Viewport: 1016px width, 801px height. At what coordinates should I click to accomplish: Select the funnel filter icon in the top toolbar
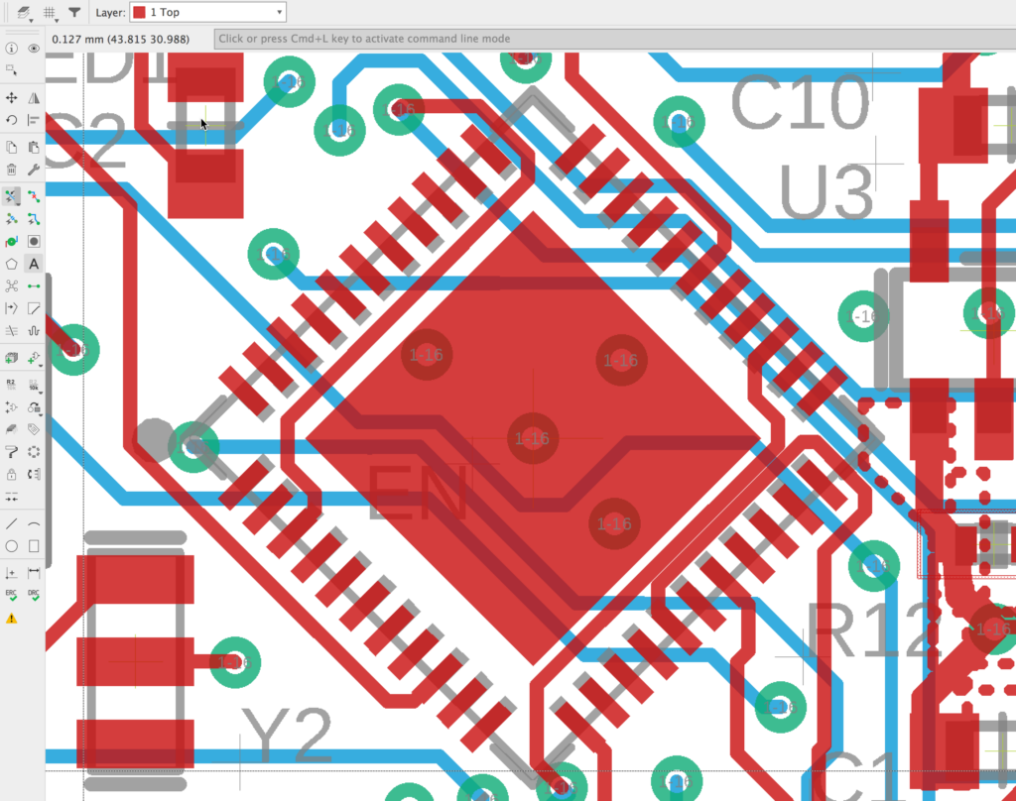click(74, 12)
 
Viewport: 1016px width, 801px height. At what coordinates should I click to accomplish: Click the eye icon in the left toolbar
click(34, 48)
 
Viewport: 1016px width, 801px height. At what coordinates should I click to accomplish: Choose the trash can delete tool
click(12, 170)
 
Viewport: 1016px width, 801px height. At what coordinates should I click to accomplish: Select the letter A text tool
click(34, 264)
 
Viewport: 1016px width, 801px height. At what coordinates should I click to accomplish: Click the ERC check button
click(12, 594)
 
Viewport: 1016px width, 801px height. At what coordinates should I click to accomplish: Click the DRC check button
click(34, 594)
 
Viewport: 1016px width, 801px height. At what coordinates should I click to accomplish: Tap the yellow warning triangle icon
click(12, 618)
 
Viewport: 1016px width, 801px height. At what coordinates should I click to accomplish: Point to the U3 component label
click(825, 191)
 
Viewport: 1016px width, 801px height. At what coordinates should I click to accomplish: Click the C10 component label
click(800, 103)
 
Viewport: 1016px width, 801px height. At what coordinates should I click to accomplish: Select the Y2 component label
click(287, 737)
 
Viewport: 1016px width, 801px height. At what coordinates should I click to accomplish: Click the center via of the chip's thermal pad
click(533, 438)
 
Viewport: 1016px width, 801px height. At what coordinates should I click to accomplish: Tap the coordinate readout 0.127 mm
click(120, 39)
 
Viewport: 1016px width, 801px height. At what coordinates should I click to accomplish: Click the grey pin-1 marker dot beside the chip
click(153, 435)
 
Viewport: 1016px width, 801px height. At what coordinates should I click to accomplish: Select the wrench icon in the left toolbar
click(34, 170)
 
